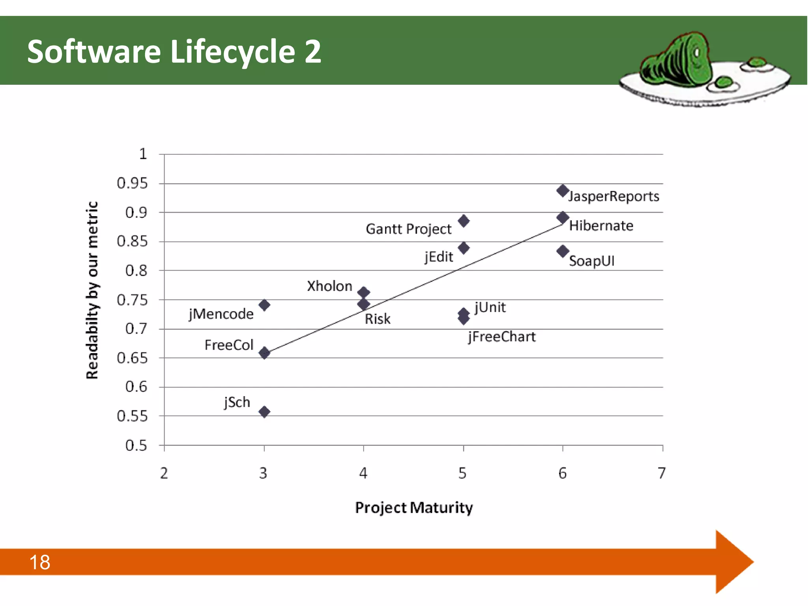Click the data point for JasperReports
click(563, 191)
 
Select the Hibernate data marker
click(563, 217)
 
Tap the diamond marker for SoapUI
click(563, 251)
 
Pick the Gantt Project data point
click(464, 221)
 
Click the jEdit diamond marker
click(464, 248)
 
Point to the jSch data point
click(264, 412)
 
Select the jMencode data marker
click(264, 305)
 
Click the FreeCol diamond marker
click(264, 353)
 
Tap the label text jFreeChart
click(502, 337)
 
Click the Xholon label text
click(329, 286)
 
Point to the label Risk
click(378, 319)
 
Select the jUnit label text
click(490, 307)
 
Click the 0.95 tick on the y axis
click(132, 183)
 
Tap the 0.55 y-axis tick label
click(132, 416)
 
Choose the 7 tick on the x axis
click(662, 473)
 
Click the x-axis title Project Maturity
click(414, 507)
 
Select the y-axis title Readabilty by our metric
click(92, 290)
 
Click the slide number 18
click(40, 562)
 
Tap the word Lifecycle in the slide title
click(233, 52)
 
